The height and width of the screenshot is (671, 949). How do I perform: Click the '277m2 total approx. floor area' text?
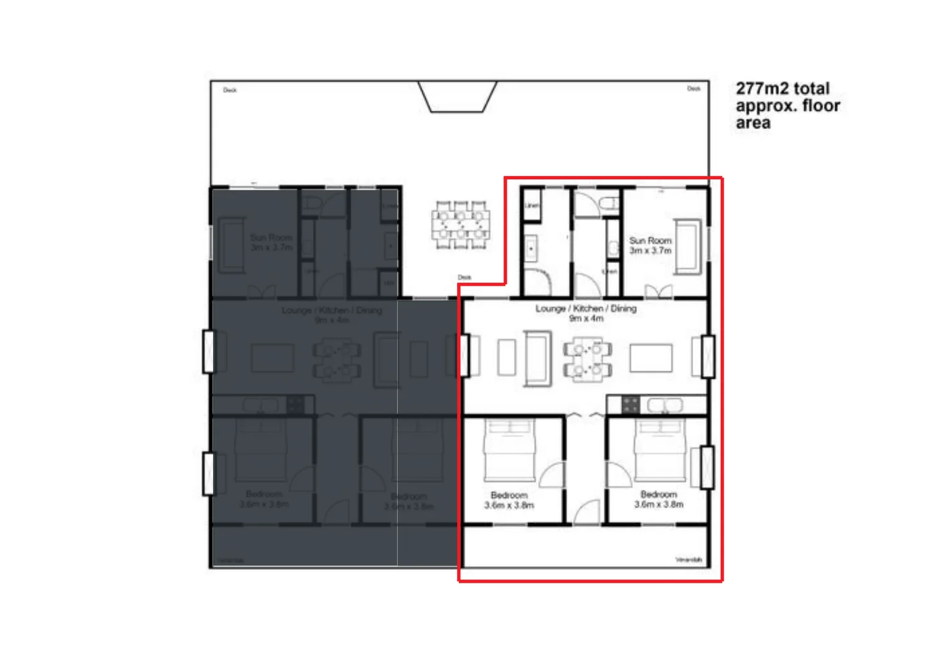787,106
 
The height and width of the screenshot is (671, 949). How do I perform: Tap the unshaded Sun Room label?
650,245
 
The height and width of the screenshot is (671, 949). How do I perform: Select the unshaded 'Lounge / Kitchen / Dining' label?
586,313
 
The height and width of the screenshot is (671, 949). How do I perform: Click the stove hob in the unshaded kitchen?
630,405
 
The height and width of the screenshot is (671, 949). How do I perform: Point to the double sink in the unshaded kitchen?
665,405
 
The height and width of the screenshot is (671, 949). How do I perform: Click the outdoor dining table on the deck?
460,225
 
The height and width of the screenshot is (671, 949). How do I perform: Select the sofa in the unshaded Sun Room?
688,246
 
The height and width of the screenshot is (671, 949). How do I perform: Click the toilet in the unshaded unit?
609,203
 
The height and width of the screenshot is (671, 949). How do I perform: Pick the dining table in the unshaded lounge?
587,358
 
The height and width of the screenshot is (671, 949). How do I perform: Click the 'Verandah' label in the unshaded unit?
688,560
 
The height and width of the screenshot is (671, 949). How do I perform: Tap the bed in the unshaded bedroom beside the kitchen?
659,450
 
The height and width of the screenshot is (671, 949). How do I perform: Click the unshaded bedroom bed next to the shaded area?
509,450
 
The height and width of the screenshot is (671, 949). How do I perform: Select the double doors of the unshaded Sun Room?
658,291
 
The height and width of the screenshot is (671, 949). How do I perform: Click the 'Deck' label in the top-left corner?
230,90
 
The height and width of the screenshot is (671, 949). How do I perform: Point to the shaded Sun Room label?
271,242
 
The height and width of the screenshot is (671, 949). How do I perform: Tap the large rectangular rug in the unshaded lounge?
651,358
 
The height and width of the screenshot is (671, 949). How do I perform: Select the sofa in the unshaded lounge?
537,358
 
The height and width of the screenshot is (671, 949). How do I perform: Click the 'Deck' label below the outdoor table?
464,277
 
